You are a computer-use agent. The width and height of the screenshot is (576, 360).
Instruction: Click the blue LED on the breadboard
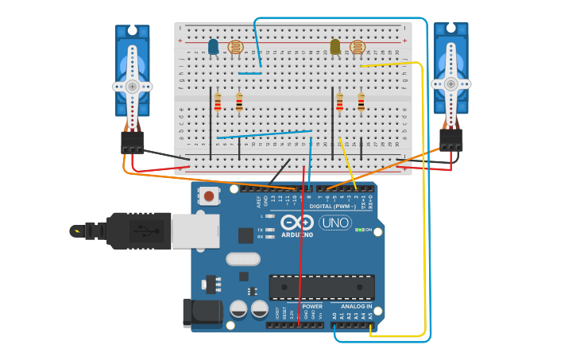pyautogui.click(x=213, y=46)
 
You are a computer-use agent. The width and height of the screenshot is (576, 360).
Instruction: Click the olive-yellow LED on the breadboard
pyautogui.click(x=335, y=47)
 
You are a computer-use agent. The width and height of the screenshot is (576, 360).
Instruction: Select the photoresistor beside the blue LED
pyautogui.click(x=235, y=47)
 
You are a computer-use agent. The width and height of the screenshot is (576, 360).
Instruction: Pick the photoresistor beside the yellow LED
pyautogui.click(x=358, y=47)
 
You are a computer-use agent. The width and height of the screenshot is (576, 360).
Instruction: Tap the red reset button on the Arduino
pyautogui.click(x=209, y=195)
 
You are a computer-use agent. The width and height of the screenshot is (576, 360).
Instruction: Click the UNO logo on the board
pyautogui.click(x=335, y=223)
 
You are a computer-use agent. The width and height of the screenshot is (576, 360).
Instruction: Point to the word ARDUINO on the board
pyautogui.click(x=297, y=234)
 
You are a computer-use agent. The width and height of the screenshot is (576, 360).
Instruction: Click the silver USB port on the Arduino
pyautogui.click(x=195, y=231)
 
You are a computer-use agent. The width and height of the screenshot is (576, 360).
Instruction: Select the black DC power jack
pyautogui.click(x=202, y=312)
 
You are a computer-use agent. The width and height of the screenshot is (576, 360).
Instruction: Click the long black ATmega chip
pyautogui.click(x=322, y=287)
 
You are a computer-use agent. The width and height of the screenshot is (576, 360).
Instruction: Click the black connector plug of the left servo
pyautogui.click(x=133, y=142)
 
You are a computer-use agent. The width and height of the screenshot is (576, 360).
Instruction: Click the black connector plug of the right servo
pyautogui.click(x=451, y=140)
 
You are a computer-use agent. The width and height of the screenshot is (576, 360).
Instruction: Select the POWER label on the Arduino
pyautogui.click(x=312, y=306)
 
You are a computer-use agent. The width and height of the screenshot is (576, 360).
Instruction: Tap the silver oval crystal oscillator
pyautogui.click(x=242, y=258)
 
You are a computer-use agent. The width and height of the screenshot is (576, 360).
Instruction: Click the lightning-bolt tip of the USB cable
pyautogui.click(x=77, y=231)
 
